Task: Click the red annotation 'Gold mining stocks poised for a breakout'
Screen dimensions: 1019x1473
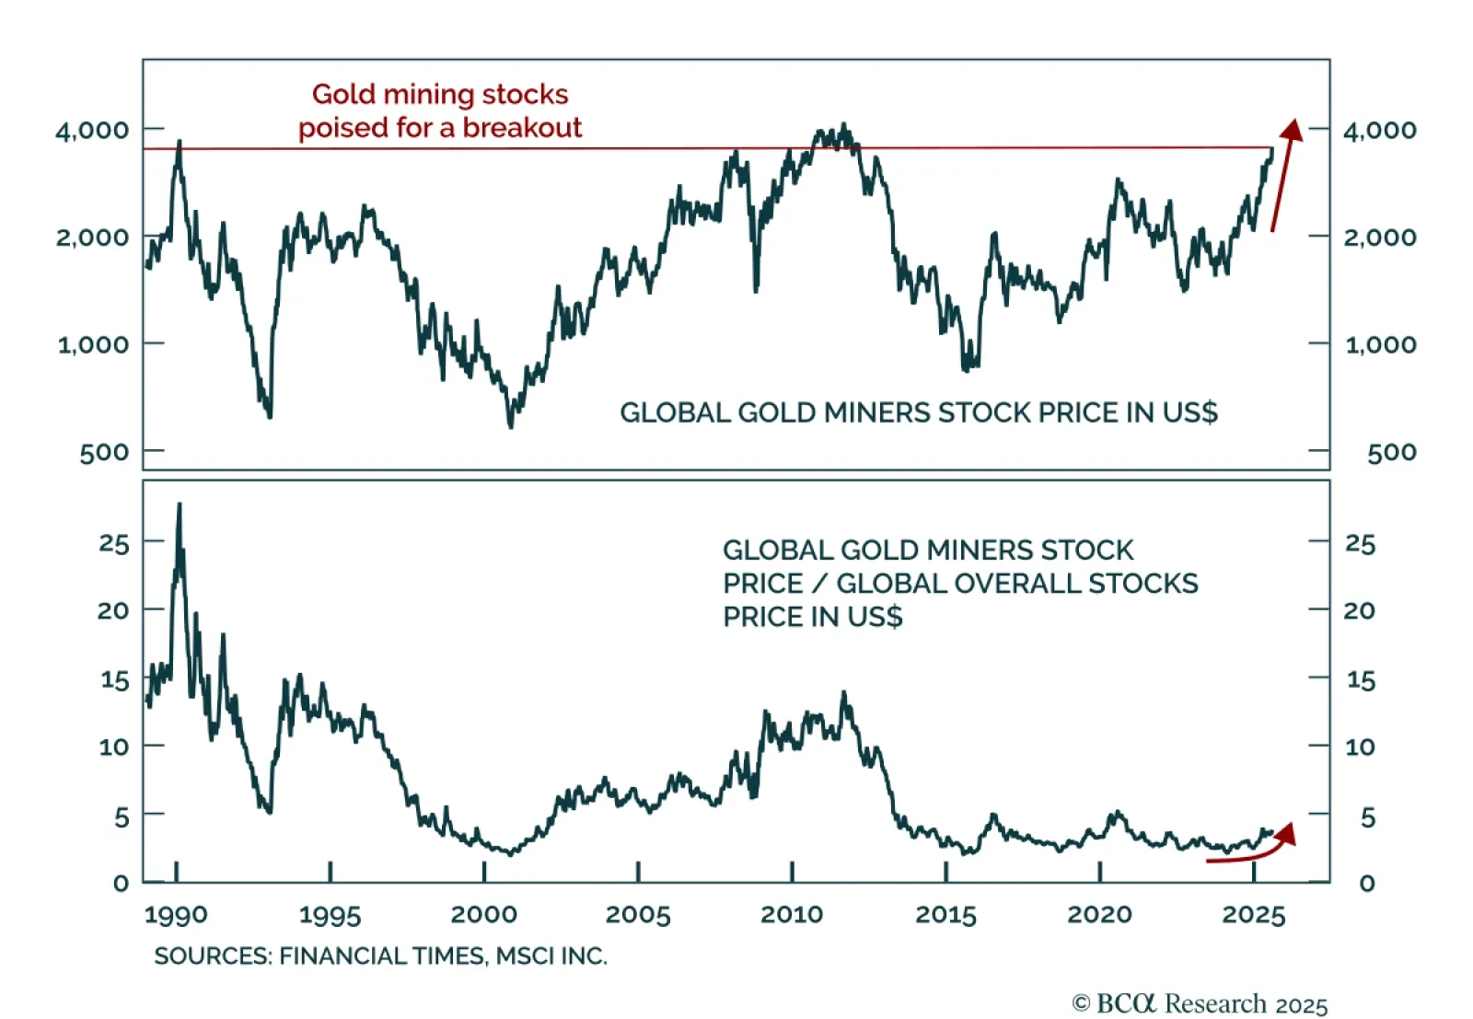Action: point(440,110)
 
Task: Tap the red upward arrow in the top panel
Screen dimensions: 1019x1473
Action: point(1285,174)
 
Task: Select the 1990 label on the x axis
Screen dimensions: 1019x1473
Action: point(176,914)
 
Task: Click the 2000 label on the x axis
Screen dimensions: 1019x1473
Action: point(483,914)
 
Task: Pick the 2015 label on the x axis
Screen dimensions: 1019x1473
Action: point(945,914)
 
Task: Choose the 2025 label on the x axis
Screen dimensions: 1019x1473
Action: point(1253,914)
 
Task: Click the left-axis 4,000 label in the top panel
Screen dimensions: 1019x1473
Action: point(92,130)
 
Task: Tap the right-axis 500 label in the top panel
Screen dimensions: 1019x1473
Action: point(1391,452)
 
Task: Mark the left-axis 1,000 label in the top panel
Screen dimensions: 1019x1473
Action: point(93,344)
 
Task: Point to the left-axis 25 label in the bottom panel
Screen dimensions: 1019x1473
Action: point(113,543)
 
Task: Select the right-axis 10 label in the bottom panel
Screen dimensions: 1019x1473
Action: point(1360,747)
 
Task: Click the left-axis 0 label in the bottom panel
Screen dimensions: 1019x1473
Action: point(121,883)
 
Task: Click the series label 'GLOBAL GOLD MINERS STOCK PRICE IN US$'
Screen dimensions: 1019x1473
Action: point(918,412)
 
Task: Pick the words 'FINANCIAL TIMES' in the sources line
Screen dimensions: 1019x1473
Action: point(381,955)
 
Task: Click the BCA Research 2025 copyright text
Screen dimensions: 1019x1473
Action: point(1200,1003)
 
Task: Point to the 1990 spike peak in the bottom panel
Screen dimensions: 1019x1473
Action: point(179,504)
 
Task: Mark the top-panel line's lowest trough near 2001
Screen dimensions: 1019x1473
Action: point(511,426)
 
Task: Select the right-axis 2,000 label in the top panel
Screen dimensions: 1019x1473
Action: point(1379,237)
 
